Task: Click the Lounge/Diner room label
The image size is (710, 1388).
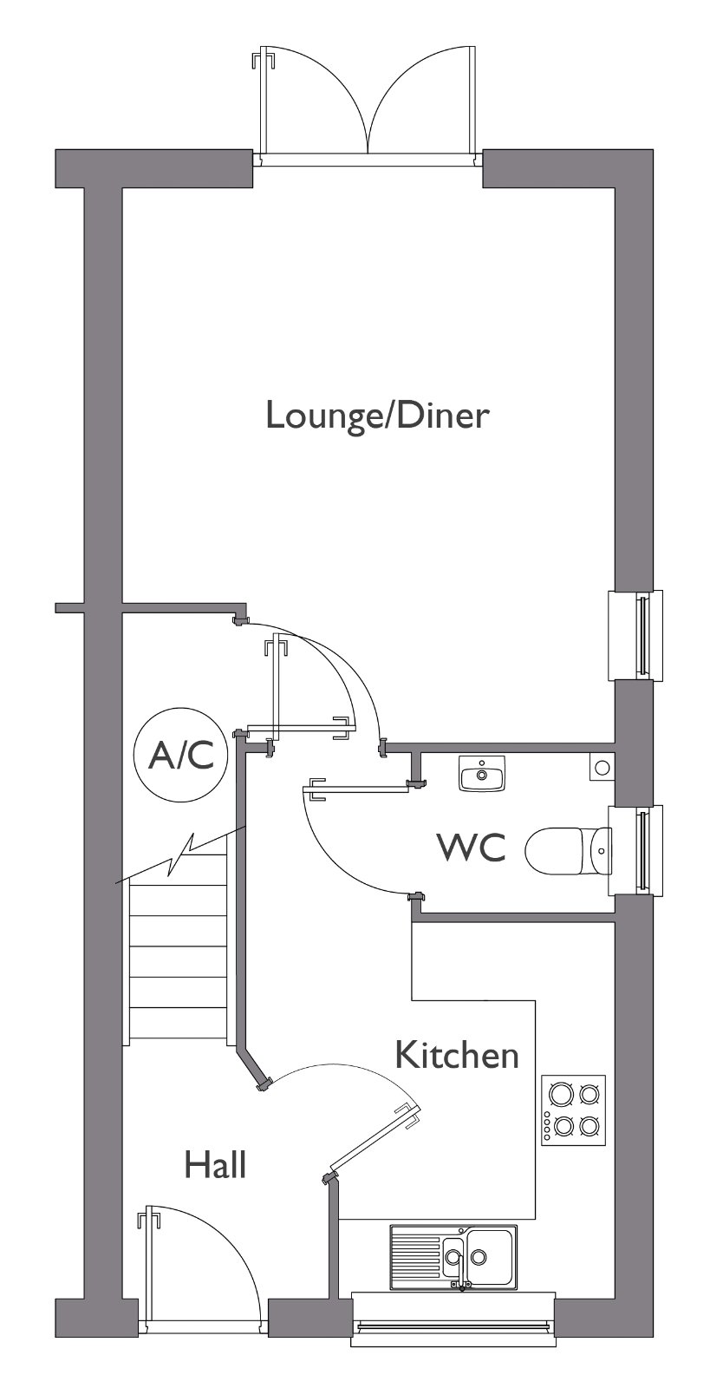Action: (x=378, y=416)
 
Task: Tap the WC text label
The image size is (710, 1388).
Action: (x=472, y=848)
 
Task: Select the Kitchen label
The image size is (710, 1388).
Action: (x=457, y=1055)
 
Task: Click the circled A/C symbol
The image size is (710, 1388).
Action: (x=181, y=755)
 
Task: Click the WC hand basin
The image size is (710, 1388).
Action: (x=482, y=773)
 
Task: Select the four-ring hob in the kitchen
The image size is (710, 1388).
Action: (x=573, y=1110)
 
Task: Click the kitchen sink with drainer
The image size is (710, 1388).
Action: (x=453, y=1257)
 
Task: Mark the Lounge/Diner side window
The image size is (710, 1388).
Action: (x=636, y=635)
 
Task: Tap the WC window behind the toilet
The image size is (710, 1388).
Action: (x=636, y=850)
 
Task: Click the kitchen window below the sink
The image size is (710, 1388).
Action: (x=453, y=1324)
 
